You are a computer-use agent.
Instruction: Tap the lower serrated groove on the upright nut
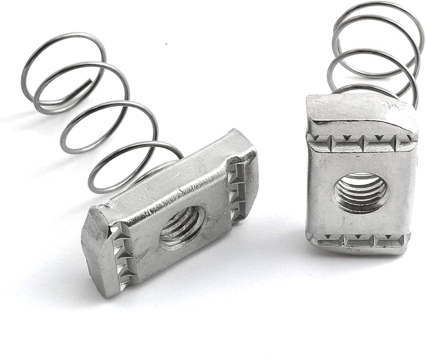tap(358, 240)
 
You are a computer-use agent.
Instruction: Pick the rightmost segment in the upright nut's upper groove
tap(405, 142)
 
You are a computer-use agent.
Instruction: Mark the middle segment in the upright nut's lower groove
tap(358, 241)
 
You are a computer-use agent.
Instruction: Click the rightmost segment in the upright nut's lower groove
tap(391, 241)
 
